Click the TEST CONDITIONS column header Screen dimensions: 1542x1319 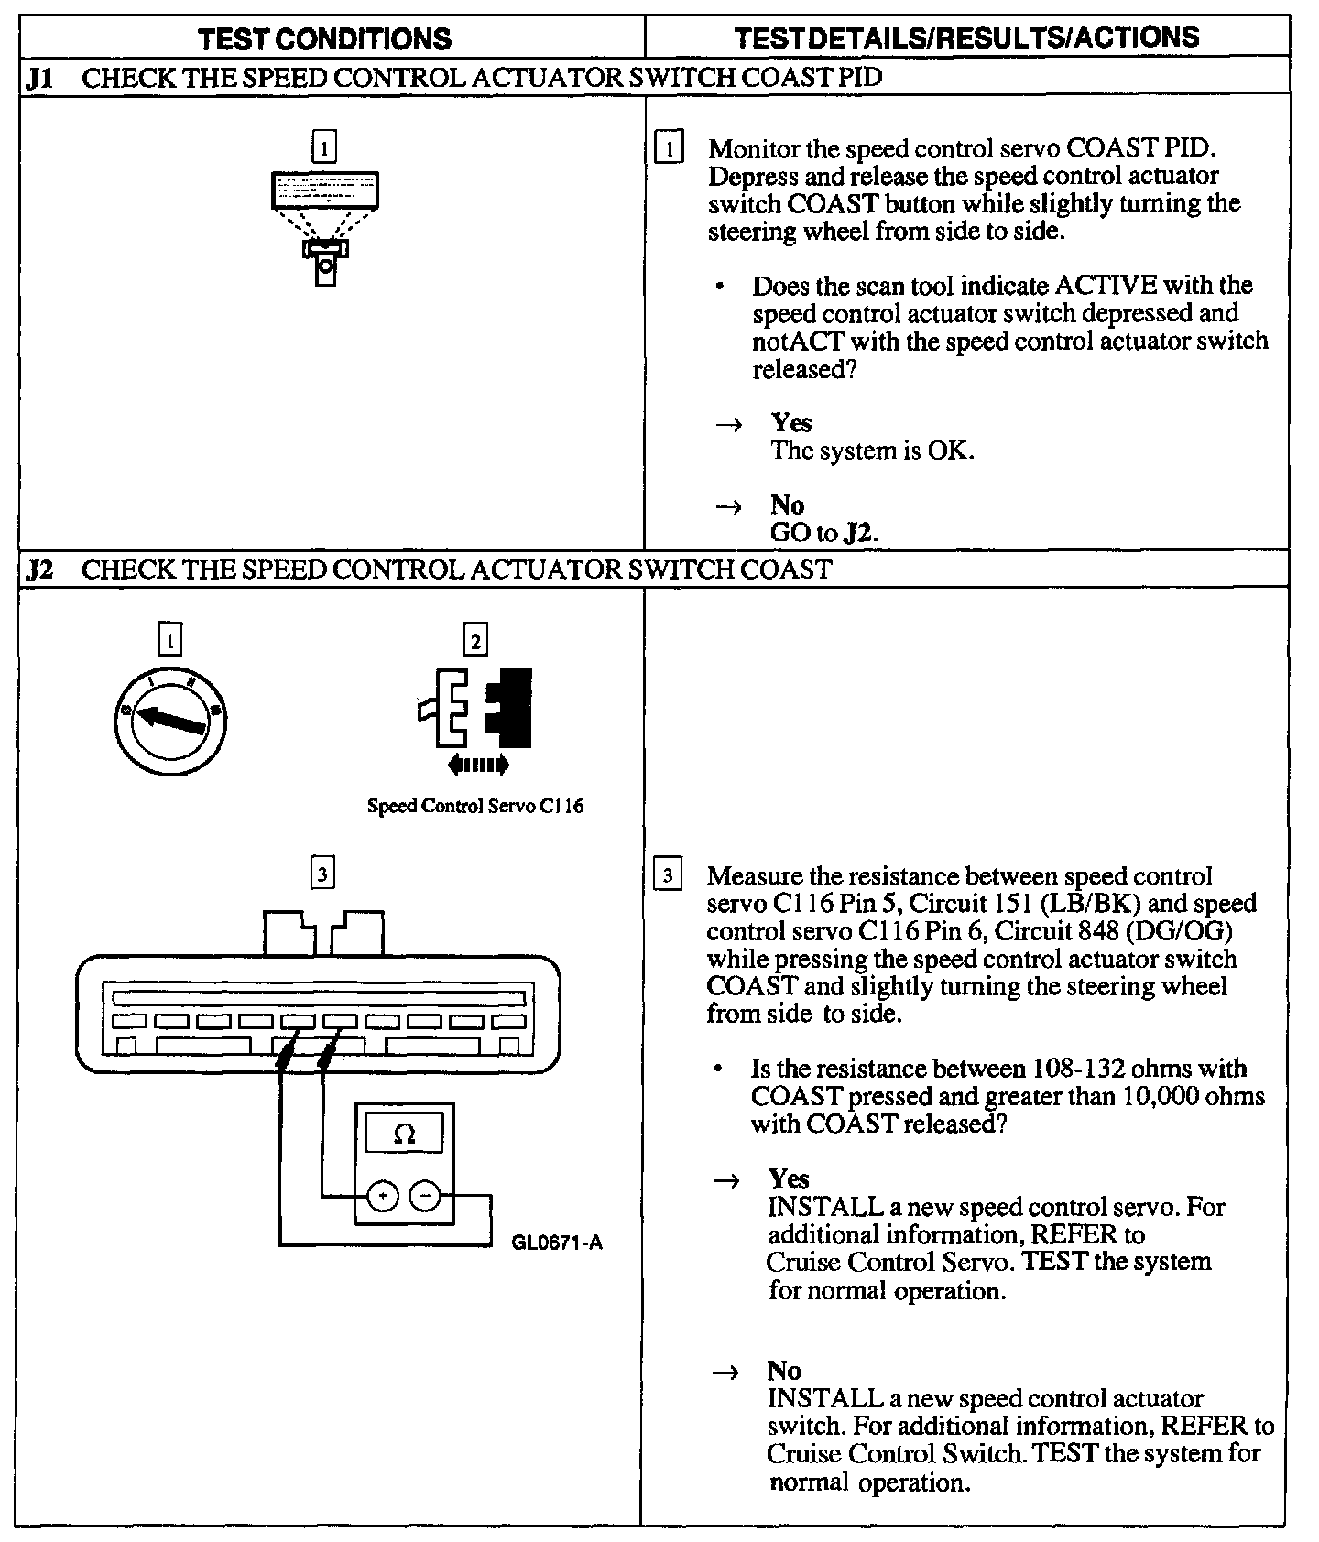(x=325, y=38)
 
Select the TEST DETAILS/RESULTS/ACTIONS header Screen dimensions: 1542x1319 (x=966, y=38)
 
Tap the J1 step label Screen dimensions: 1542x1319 (x=40, y=77)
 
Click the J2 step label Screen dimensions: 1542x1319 (x=40, y=570)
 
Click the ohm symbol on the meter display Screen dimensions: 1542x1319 (x=404, y=1135)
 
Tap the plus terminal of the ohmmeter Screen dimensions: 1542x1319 (x=383, y=1196)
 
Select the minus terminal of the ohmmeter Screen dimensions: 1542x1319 (x=424, y=1196)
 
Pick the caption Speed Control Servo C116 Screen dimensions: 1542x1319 (x=474, y=807)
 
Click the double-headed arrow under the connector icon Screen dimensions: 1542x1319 (x=475, y=765)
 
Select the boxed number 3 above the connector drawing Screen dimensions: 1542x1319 (x=322, y=874)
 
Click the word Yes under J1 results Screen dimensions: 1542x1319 (x=791, y=422)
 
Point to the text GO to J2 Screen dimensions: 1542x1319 (x=823, y=532)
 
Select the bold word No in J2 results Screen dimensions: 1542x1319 (x=784, y=1371)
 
